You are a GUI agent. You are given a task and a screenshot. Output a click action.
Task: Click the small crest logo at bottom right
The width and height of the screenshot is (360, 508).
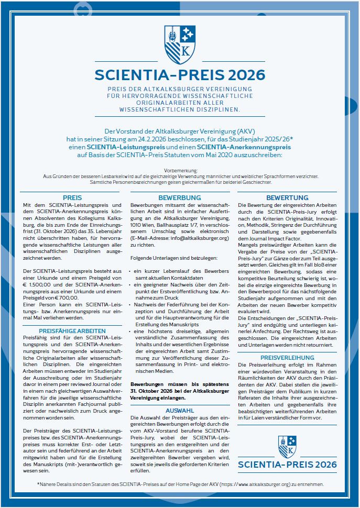pos(287,447)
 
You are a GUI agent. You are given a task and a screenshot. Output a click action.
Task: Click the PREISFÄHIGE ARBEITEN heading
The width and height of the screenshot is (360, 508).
pos(72,331)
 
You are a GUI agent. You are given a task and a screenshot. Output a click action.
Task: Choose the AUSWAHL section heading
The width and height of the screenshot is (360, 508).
pos(180,411)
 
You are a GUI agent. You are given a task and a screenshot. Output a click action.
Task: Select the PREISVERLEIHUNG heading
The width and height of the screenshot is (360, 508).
pos(287,358)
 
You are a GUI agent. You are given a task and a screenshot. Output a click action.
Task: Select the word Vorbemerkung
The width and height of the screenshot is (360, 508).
pos(180,171)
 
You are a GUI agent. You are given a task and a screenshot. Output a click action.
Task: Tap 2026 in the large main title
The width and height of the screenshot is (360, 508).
pos(243,74)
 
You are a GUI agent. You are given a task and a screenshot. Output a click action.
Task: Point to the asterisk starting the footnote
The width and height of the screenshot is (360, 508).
pos(38,484)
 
